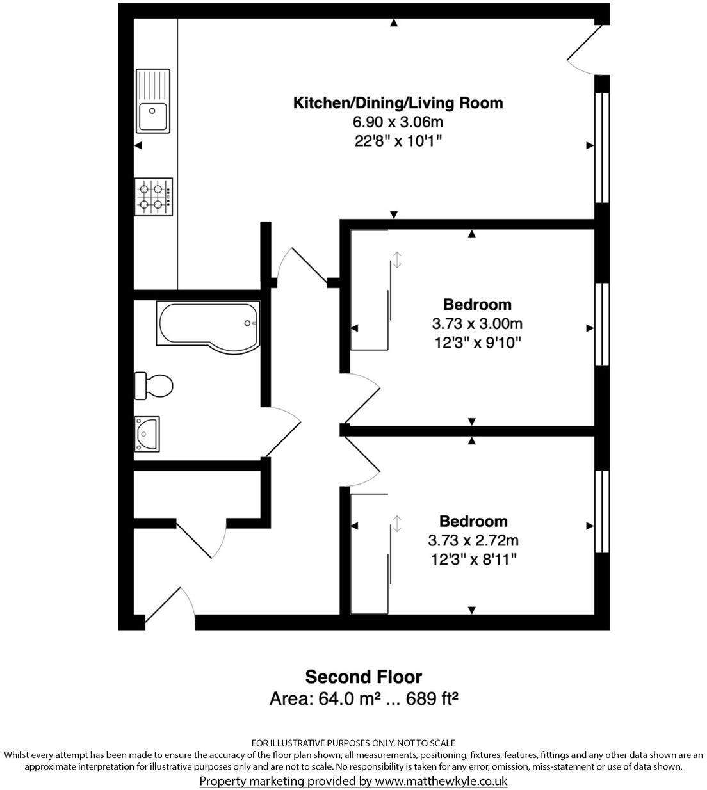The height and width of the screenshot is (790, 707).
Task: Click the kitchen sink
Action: [152, 101]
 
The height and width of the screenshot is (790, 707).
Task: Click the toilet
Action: [153, 385]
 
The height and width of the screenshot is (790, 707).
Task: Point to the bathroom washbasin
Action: [147, 434]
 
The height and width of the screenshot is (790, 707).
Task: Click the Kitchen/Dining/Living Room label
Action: [397, 102]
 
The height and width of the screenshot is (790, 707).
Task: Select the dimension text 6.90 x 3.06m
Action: [397, 122]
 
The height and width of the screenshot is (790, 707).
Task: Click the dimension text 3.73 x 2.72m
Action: [473, 540]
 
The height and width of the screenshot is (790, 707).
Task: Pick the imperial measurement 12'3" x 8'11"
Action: [473, 560]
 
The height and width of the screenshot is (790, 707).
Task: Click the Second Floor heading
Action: [363, 677]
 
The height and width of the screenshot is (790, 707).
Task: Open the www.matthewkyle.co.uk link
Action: [441, 781]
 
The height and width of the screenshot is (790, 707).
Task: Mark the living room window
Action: [601, 148]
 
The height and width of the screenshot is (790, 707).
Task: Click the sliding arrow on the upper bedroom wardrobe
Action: [397, 259]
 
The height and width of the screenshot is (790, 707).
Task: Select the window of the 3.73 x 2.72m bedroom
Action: [601, 512]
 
